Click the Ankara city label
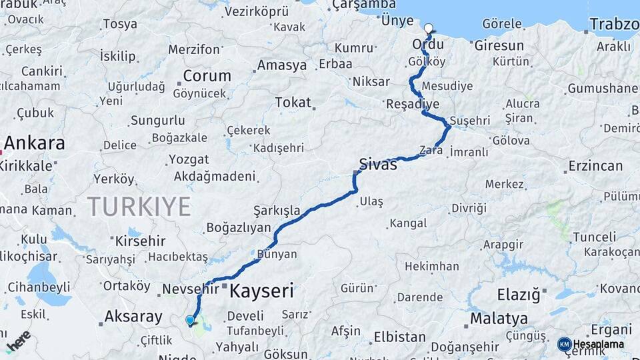click(35, 143)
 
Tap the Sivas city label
click(378, 164)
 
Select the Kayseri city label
click(261, 291)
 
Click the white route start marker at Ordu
click(428, 29)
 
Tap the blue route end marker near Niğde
click(191, 321)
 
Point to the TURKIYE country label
click(139, 207)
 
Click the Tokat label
click(293, 103)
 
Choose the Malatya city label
click(499, 318)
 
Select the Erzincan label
click(595, 165)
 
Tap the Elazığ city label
click(518, 294)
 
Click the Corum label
click(207, 75)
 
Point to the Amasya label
click(282, 65)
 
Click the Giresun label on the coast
click(499, 46)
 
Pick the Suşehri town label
click(470, 121)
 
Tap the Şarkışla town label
click(277, 211)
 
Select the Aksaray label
click(133, 316)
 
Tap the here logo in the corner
click(19, 340)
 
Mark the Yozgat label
click(189, 159)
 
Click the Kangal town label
click(408, 223)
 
